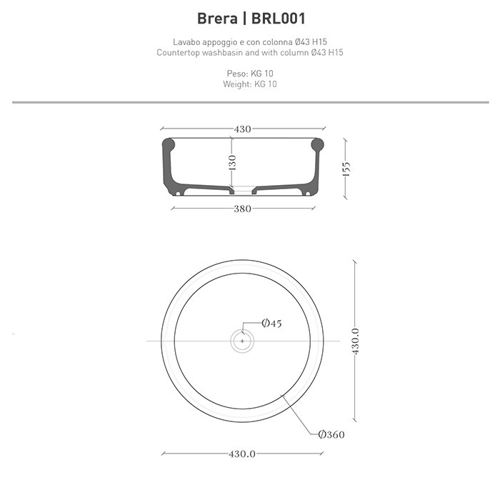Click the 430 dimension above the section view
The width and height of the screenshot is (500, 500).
pos(242,129)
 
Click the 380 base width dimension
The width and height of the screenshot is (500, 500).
pos(242,209)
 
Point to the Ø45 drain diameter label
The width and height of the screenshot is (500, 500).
pos(271,324)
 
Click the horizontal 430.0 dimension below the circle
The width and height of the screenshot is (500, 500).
pos(242,454)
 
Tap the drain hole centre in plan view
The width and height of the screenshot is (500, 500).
pos(242,341)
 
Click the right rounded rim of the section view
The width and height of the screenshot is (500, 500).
pos(317,146)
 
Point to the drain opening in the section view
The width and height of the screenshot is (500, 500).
pos(243,191)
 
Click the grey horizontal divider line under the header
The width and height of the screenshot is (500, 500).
pos(250,102)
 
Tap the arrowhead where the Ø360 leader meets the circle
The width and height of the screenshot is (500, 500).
pos(286,397)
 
